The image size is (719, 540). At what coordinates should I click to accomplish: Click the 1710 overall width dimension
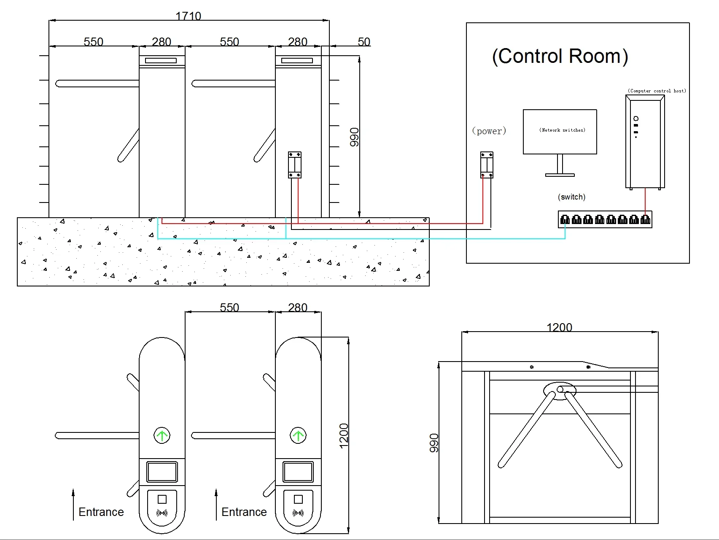188,16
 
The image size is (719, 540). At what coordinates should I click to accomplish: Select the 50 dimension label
364,42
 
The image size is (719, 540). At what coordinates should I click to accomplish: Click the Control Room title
560,56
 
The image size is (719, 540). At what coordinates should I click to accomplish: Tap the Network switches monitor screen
560,132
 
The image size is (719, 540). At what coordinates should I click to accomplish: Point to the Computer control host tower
645,142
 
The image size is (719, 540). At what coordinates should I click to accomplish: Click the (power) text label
489,131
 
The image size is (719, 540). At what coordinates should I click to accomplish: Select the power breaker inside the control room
487,165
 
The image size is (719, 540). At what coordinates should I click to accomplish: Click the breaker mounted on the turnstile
295,165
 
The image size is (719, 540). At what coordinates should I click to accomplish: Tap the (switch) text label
571,197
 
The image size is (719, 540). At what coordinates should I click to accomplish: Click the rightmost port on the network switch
645,219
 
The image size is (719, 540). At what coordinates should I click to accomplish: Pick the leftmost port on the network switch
565,219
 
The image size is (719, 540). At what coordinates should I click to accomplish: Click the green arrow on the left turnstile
162,435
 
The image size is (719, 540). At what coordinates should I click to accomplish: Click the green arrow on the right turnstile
298,435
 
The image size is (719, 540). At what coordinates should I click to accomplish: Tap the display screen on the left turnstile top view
162,472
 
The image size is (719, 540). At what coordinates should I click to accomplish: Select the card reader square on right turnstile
298,499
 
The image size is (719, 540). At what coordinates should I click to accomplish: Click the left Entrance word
101,512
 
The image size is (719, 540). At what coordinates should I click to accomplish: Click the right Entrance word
244,512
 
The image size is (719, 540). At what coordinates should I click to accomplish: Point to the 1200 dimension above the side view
559,327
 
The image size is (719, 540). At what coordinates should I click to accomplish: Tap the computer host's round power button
636,119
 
